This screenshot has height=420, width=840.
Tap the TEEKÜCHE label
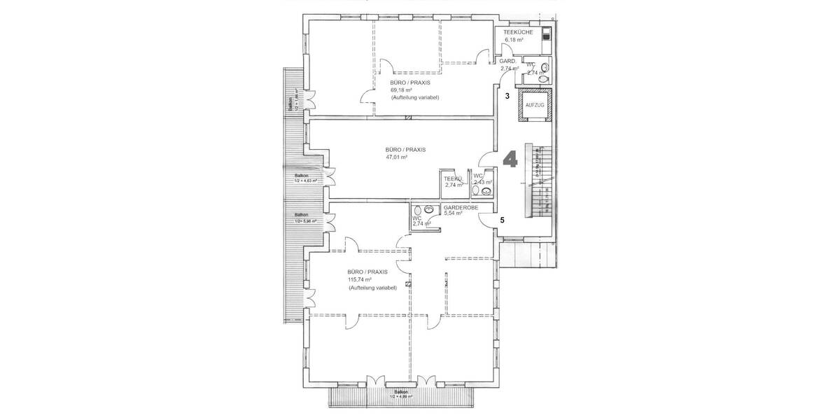tap(519, 33)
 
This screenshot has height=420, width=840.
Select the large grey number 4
tap(510, 159)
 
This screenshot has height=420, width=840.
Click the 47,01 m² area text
tap(396, 157)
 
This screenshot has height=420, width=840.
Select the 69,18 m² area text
tap(400, 90)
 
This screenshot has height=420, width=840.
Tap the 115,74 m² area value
tap(359, 279)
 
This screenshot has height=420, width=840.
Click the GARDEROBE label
tap(461, 208)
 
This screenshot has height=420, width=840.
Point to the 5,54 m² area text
tap(454, 214)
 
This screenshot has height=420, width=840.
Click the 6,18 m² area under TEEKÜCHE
tap(514, 41)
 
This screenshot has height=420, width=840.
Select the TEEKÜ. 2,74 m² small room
tap(455, 182)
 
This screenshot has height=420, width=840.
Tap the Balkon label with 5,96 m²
tap(305, 218)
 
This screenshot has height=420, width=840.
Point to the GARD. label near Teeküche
tap(508, 62)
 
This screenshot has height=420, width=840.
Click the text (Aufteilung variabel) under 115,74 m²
tap(372, 287)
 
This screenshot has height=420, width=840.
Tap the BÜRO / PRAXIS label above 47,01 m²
tap(405, 150)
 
